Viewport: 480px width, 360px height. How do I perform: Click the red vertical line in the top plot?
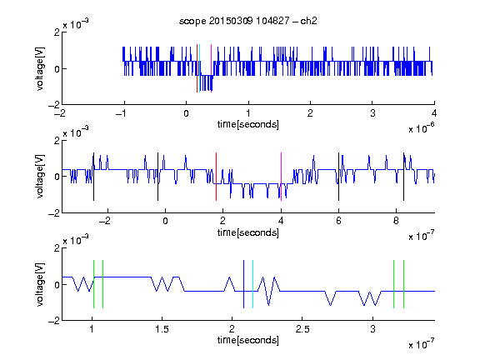(197, 68)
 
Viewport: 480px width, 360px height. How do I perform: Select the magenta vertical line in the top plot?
(211, 68)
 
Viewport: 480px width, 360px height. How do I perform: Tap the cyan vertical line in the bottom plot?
(252, 284)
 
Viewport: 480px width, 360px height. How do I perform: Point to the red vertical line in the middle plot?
(216, 177)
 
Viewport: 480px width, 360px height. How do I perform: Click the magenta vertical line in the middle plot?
(282, 177)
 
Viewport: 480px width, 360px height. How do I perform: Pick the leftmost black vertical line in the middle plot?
(93, 177)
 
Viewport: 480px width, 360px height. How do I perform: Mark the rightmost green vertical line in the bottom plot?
(404, 284)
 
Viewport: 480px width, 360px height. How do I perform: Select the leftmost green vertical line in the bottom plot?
(93, 284)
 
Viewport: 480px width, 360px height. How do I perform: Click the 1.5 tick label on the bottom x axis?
(162, 329)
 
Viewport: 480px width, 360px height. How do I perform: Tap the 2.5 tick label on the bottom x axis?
(302, 329)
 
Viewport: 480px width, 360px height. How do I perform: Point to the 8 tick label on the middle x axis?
(396, 221)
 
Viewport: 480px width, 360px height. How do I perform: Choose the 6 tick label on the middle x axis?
(338, 221)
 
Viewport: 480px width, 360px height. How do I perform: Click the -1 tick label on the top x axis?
(122, 113)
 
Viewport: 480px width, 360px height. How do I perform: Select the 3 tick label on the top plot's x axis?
(372, 113)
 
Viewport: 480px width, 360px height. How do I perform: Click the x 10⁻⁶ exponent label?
(422, 128)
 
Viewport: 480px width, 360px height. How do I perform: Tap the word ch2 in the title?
(308, 21)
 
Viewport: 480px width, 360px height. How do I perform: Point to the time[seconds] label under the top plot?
(248, 124)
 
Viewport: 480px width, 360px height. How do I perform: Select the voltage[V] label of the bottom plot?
(40, 284)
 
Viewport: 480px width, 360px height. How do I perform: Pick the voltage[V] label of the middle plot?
(40, 177)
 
